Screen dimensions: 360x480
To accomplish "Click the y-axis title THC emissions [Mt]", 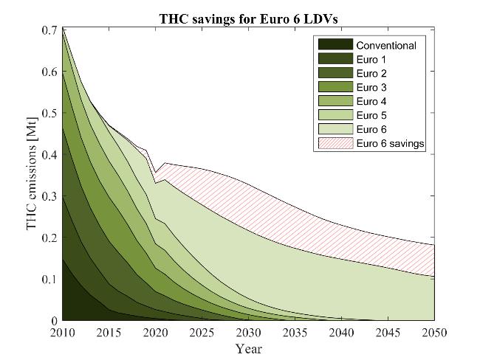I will point(32,173).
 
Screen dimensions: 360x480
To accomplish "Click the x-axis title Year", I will point(247,348).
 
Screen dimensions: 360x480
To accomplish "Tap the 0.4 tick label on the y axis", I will point(49,155).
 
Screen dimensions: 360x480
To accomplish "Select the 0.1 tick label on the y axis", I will point(49,280).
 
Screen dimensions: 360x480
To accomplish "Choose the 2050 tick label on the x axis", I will point(433,333).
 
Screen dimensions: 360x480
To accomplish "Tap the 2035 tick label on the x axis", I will point(294,333).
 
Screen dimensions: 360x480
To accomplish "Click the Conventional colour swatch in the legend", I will point(334,45).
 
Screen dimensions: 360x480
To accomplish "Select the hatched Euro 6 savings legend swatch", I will point(334,143).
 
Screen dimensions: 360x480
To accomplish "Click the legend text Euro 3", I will point(371,87).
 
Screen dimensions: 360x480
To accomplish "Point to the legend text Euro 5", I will point(371,115).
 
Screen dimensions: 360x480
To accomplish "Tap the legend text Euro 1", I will point(371,59).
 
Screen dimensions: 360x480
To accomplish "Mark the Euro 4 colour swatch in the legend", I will point(334,101).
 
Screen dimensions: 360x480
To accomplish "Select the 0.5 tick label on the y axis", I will point(49,114).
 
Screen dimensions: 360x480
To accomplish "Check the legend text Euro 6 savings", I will point(391,143).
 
